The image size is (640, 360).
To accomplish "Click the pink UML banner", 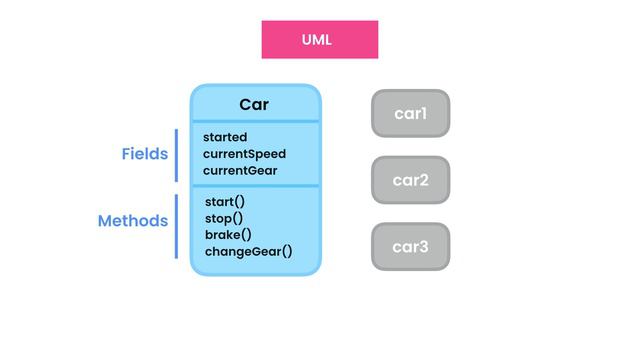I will pos(320,40).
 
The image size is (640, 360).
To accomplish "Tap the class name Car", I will pos(254,105).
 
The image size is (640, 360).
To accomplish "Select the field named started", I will pos(225,137).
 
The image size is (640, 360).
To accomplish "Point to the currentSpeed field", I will pos(244,154).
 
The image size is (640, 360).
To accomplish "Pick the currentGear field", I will pos(240,171).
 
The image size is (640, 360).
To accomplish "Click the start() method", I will pos(225,202).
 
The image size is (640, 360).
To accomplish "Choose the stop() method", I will pos(224,218).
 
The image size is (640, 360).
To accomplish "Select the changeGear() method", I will pos(248,252).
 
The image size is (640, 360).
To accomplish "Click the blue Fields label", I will pos(144,154).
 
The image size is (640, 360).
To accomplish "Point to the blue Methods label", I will pos(132,221).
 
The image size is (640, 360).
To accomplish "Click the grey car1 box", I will pos(410,114).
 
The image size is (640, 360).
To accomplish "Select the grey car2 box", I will pos(410,180).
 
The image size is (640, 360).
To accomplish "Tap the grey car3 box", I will pos(410,246).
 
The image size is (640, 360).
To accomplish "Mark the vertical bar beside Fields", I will pos(176,155).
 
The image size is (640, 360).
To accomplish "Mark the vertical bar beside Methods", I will pos(176,226).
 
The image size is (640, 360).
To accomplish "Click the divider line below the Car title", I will pos(256,122).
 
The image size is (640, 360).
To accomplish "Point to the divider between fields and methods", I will pos(256,186).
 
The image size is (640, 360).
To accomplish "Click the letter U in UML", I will pos(307,40).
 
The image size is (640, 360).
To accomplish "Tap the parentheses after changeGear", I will pos(286,252).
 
